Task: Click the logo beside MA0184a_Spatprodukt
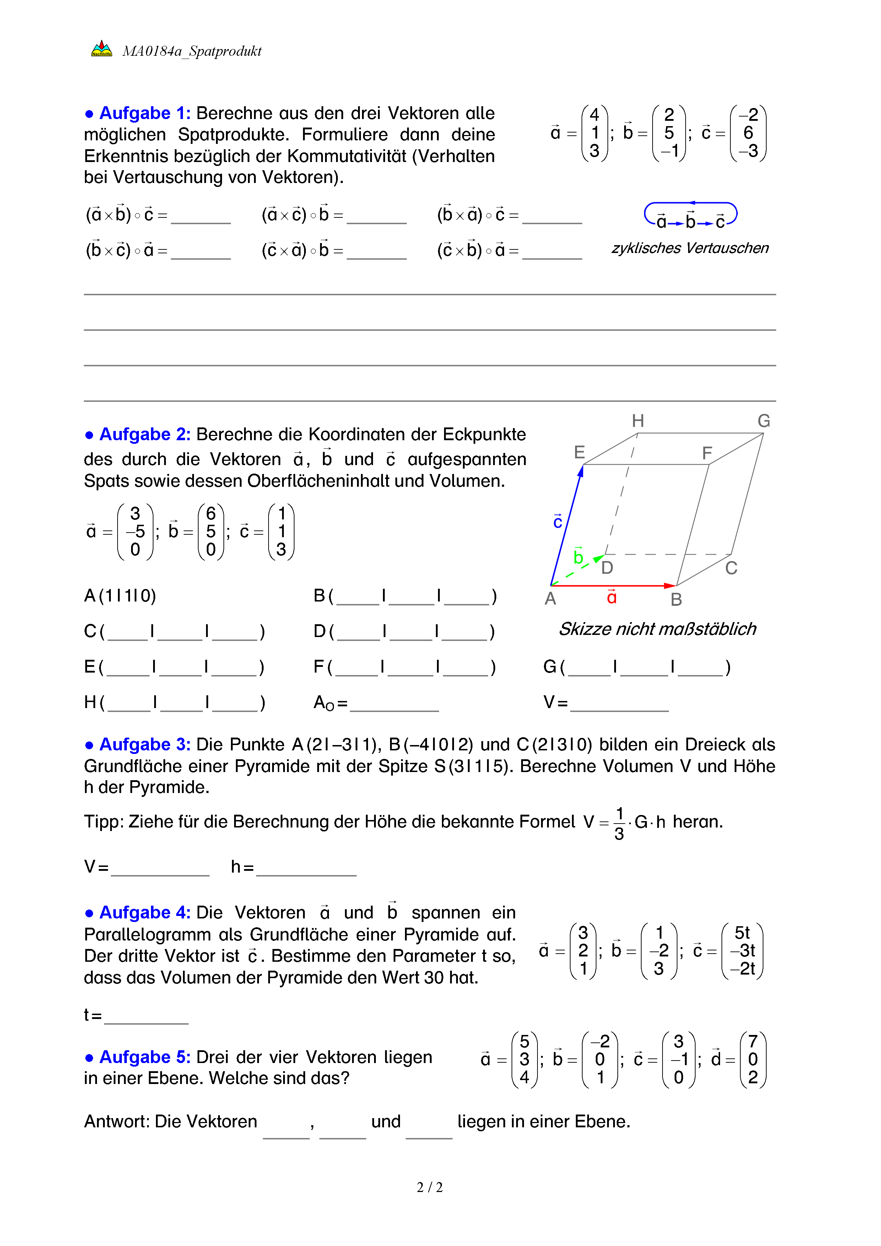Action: pyautogui.click(x=102, y=49)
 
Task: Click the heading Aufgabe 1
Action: pyautogui.click(x=144, y=113)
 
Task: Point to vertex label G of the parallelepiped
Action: pyautogui.click(x=764, y=421)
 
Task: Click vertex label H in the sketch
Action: pyautogui.click(x=638, y=421)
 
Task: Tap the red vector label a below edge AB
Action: pyautogui.click(x=612, y=598)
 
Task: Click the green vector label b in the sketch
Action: pyautogui.click(x=578, y=556)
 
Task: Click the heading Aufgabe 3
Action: pyautogui.click(x=144, y=745)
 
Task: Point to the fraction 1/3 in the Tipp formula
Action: pyautogui.click(x=619, y=823)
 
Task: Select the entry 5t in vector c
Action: pyautogui.click(x=742, y=933)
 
